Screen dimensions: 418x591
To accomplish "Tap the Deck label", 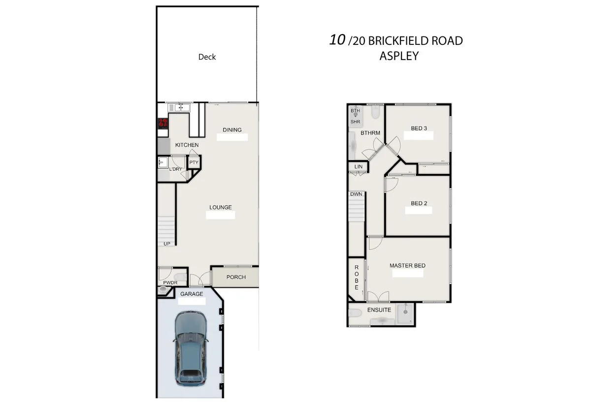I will [207, 57].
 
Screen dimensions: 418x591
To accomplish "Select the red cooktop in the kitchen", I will [163, 123].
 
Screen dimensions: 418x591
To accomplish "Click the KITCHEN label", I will [187, 145].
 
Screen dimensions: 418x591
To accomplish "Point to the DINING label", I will [232, 130].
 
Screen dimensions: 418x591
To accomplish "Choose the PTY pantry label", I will [194, 162].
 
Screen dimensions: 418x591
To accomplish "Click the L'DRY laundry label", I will [175, 169].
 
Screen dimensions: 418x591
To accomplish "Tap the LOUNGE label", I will [221, 208].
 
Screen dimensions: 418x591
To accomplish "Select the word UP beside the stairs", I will [167, 244].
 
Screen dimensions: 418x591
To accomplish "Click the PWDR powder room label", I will [170, 282].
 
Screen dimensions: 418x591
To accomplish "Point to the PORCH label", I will [236, 277].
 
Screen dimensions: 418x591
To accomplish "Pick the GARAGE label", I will [192, 294].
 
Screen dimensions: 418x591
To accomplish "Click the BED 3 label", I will [419, 129].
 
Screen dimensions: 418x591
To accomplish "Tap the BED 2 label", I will [419, 203].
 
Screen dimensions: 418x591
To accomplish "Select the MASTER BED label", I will [407, 266].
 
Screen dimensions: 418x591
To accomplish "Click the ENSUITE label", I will [379, 310].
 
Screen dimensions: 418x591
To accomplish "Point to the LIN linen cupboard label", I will [359, 167].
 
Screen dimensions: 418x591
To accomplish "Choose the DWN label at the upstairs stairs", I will [356, 194].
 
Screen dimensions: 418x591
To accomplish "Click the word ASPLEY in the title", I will [399, 56].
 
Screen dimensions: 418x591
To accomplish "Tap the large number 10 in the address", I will [337, 39].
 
